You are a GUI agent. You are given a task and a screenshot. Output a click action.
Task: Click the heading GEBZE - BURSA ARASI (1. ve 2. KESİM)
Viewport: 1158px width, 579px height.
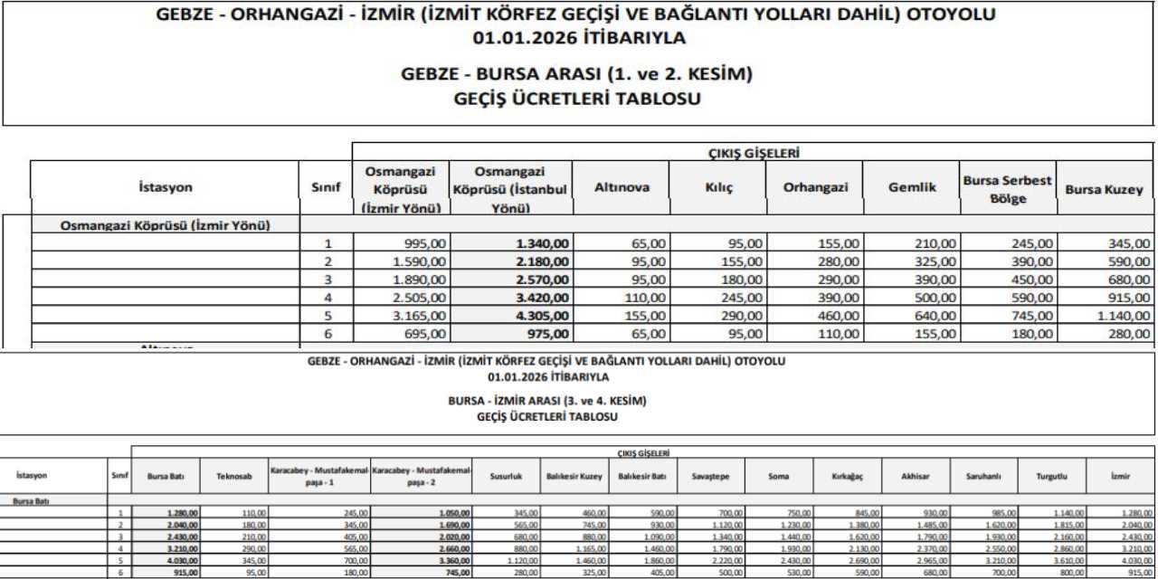point(576,73)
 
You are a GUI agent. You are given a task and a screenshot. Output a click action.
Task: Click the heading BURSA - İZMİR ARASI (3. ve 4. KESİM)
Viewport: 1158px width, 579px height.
point(547,400)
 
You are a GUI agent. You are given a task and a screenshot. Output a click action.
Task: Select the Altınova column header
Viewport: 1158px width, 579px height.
point(621,188)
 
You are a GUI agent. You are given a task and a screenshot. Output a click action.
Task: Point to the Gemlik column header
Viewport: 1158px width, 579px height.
point(911,188)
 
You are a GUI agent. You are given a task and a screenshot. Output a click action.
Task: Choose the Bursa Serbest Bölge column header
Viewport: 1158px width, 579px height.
point(1007,188)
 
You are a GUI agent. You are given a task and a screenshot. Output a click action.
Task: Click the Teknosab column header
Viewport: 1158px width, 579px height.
point(227,475)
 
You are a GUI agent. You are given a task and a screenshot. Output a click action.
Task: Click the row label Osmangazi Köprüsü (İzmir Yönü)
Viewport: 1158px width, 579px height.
point(166,225)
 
